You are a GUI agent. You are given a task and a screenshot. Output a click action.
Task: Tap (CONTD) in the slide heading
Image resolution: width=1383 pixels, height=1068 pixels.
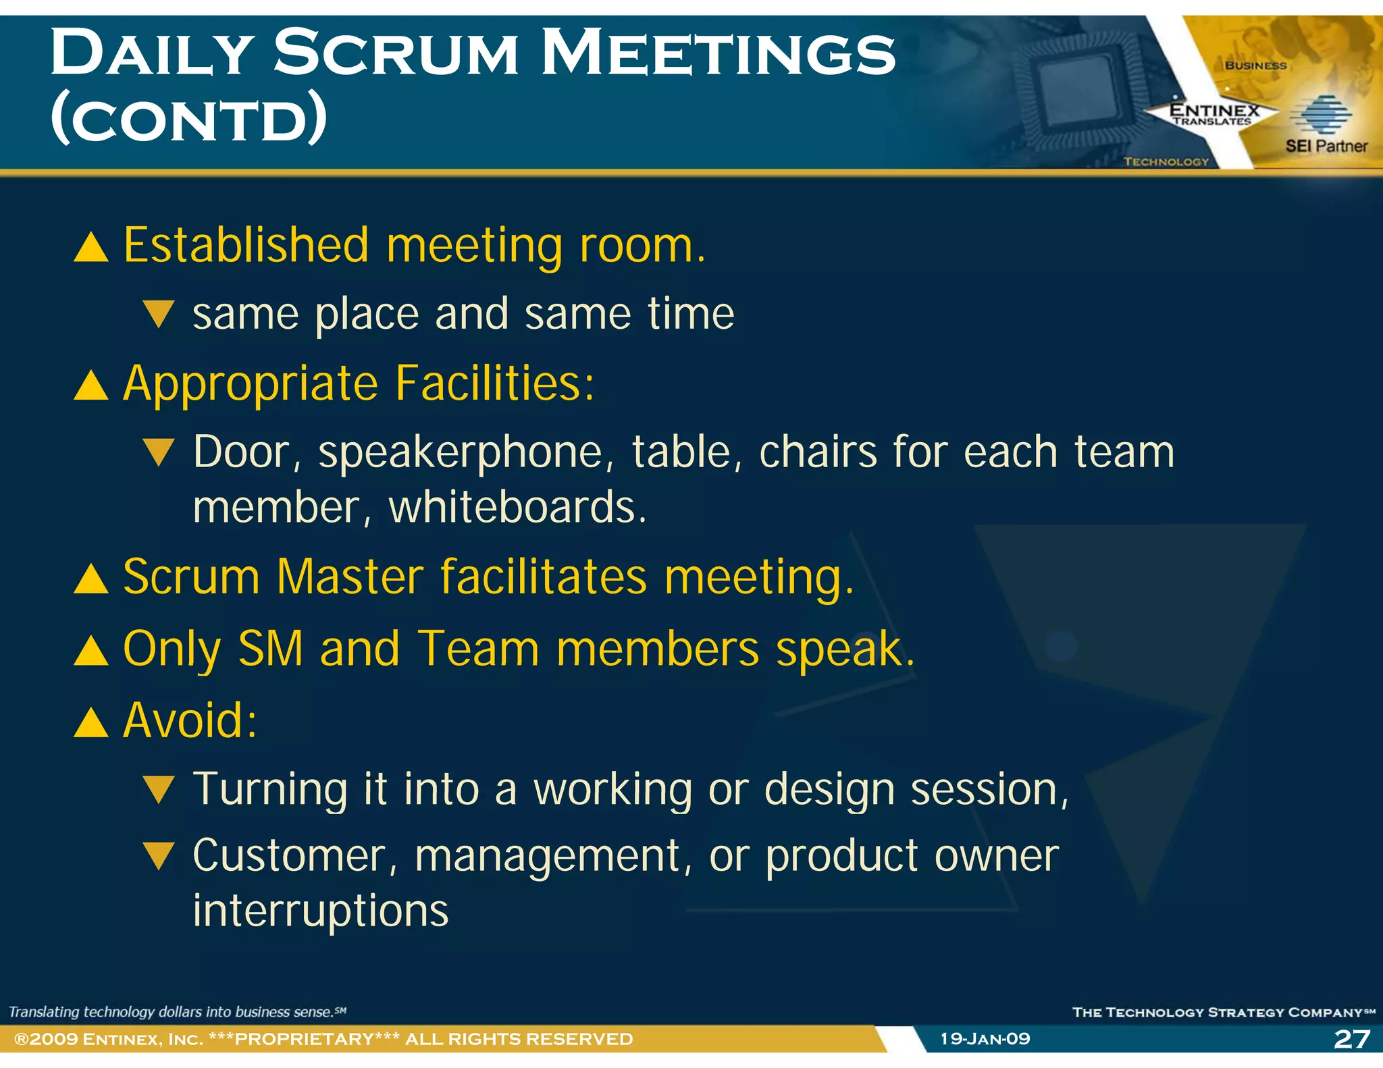coord(189,119)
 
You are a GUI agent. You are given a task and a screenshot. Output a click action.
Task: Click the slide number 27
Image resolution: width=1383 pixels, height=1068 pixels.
coord(1352,1038)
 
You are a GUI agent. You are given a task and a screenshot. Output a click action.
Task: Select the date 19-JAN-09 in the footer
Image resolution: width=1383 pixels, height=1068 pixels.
coord(985,1038)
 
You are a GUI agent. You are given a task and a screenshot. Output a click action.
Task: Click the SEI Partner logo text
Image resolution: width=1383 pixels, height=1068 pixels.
coord(1326,146)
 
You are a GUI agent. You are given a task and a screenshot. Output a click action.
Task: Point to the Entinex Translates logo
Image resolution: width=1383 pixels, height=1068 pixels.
coord(1214,113)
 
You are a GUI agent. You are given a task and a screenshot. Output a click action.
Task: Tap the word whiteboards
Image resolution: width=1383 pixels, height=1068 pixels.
coord(517,508)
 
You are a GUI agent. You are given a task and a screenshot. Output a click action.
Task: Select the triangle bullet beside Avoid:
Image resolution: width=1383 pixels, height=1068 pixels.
coord(91,722)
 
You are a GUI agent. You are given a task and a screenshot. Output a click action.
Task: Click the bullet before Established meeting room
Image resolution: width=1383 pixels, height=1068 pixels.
coord(91,247)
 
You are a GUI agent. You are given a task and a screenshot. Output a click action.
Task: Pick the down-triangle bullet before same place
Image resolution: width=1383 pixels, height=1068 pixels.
coord(160,315)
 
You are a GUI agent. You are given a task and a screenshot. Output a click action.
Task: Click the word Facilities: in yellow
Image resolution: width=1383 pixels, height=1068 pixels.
coord(494,383)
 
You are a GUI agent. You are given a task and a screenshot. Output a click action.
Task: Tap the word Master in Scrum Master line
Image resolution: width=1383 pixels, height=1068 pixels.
coord(350,577)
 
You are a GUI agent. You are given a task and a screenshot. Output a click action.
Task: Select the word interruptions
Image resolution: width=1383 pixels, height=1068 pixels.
coord(321,911)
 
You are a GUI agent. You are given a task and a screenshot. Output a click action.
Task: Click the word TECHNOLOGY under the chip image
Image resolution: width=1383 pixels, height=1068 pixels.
coord(1166,161)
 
